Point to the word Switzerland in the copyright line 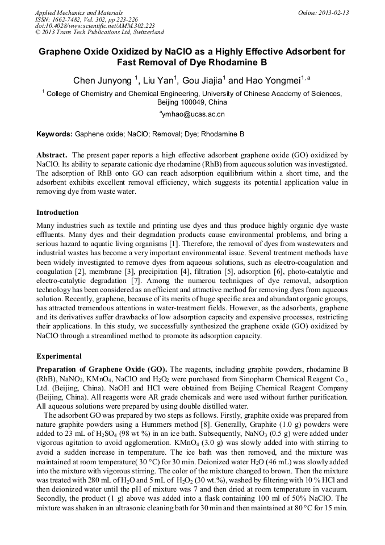pyautogui.click(x=145, y=33)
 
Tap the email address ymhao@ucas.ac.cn pyautogui.click(x=193, y=114)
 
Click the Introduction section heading pyautogui.click(x=57, y=213)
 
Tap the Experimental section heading pyautogui.click(x=59, y=356)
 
